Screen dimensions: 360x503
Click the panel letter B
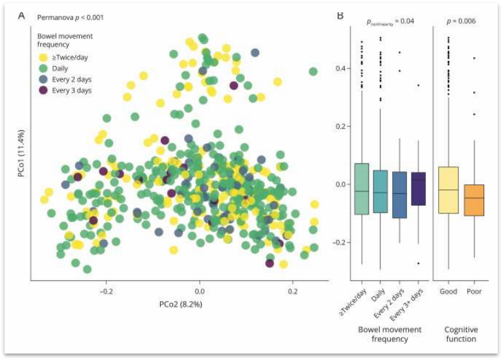coord(340,15)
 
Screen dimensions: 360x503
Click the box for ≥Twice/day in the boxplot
coord(362,189)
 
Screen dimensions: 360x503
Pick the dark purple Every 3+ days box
coord(418,188)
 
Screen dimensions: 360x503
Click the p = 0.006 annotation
coord(461,21)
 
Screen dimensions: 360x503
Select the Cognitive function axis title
coord(461,333)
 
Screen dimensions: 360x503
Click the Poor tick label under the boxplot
coord(474,291)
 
